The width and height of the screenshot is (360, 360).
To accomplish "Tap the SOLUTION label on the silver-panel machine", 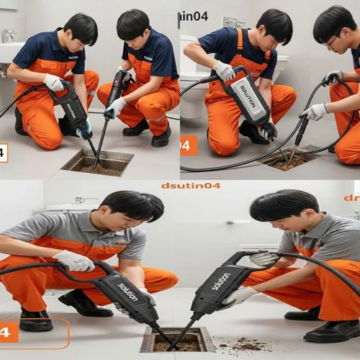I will [246, 96].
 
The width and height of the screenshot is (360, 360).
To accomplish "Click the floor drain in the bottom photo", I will [177, 339].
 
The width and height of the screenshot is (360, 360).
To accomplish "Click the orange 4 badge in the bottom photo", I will [8, 332].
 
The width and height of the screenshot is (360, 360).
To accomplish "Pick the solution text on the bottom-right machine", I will [221, 281].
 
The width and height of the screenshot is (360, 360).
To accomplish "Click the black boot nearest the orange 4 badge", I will [36, 319].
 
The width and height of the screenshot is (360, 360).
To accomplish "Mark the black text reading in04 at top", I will [194, 16].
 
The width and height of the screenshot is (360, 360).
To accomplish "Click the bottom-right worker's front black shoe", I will [331, 331].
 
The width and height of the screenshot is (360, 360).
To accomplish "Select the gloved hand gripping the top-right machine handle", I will [224, 71].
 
